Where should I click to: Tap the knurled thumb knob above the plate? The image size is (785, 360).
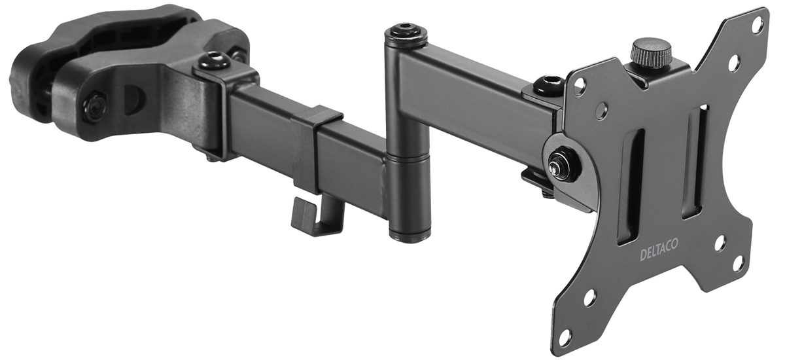click(651, 52)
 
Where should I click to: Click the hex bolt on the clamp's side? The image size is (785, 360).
click(95, 105)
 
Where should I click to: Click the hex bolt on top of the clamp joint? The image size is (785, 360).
click(213, 62)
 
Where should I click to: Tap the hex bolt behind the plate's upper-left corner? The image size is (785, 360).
click(548, 85)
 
